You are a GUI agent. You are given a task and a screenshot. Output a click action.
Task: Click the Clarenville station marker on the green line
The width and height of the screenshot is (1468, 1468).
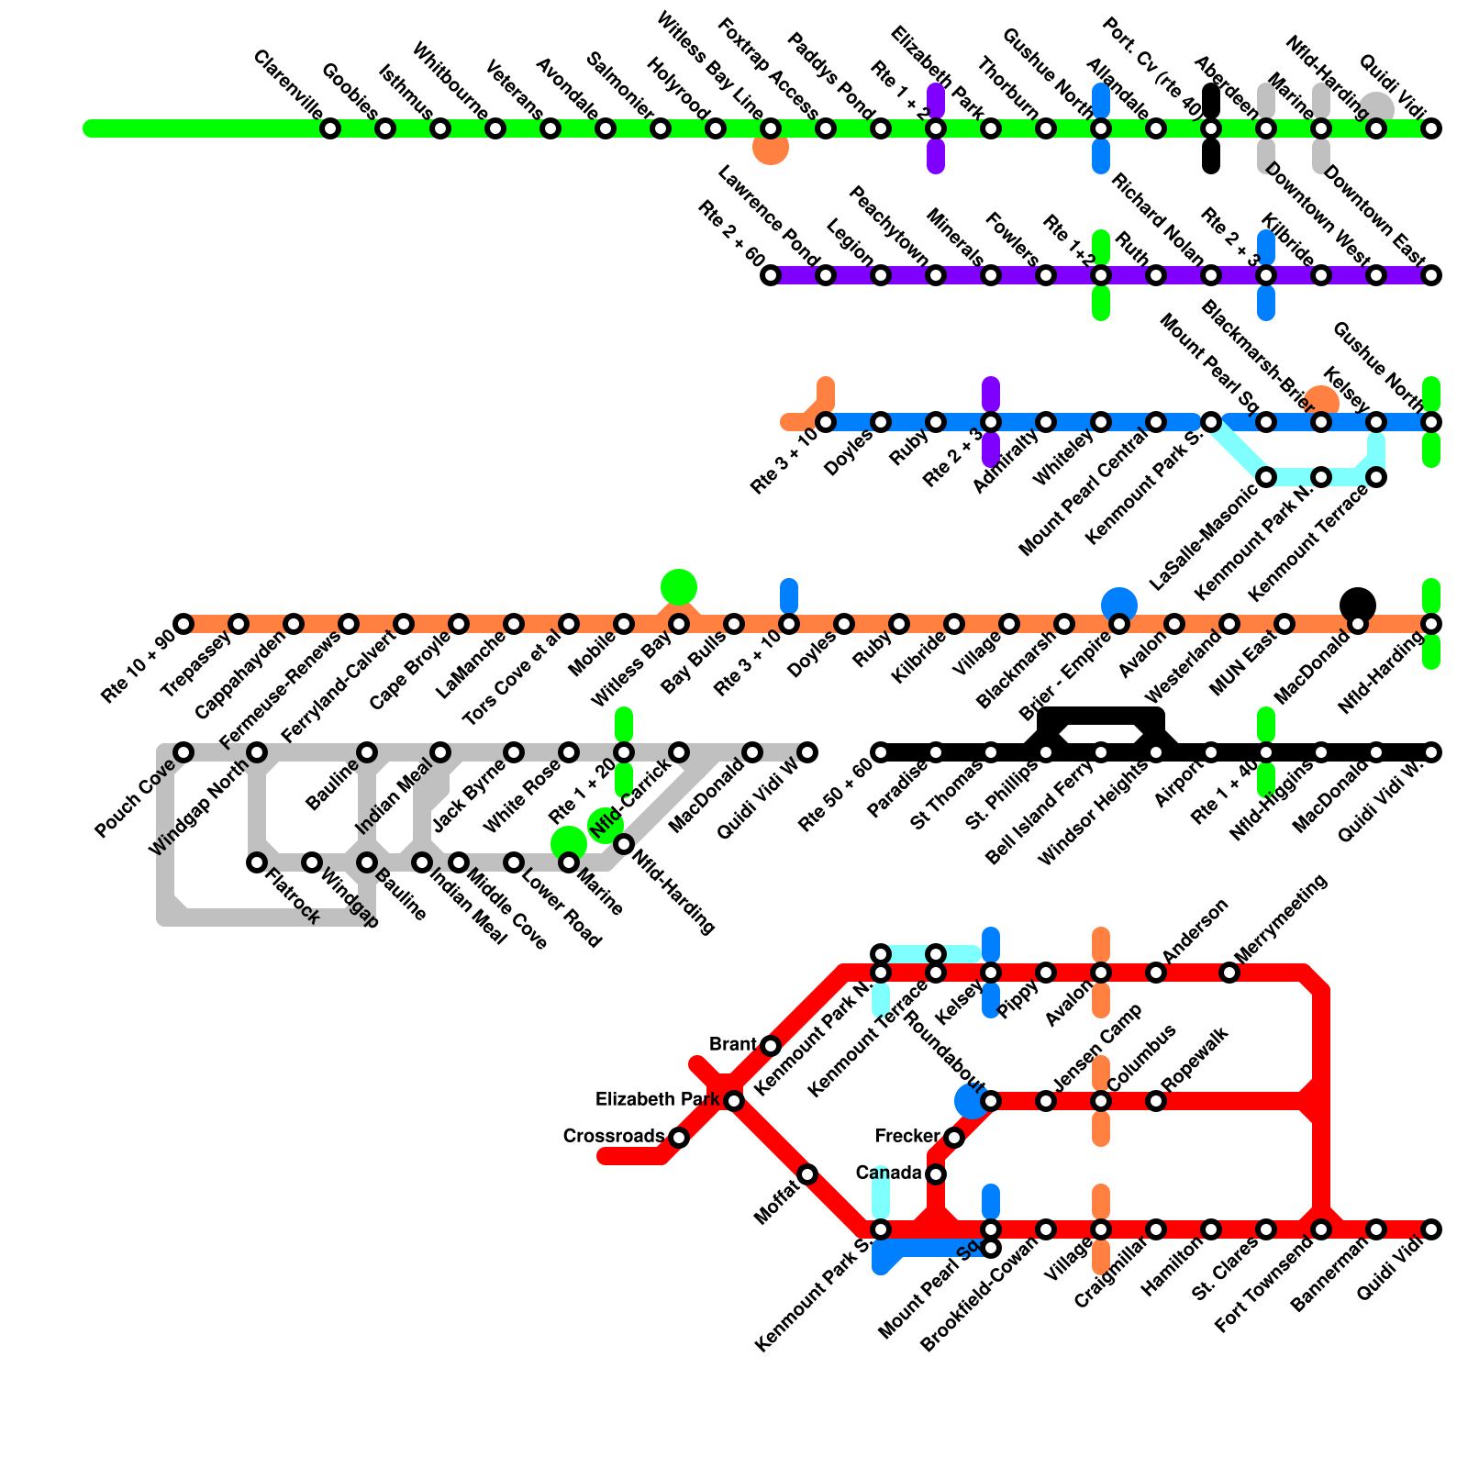[x=330, y=128]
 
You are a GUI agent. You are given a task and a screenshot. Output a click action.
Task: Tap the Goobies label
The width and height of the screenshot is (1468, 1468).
[x=350, y=92]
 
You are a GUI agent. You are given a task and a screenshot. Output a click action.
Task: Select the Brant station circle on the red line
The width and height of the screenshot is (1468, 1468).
[x=771, y=1046]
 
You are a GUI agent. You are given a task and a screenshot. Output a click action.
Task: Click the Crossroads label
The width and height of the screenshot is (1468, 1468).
[x=614, y=1137]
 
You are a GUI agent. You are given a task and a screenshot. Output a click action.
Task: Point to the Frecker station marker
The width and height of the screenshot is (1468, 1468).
[x=954, y=1138]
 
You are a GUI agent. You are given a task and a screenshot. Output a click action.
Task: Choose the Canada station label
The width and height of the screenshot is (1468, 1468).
[x=888, y=1173]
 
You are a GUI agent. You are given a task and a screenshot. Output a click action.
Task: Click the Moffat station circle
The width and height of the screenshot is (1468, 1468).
[x=807, y=1174]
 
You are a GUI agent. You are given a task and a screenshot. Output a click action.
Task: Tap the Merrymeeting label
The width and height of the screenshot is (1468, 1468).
[x=1281, y=919]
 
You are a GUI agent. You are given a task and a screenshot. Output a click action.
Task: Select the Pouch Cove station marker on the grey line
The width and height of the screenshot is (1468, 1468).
[x=183, y=752]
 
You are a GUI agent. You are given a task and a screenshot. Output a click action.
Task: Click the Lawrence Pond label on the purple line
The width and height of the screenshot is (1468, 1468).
[x=768, y=213]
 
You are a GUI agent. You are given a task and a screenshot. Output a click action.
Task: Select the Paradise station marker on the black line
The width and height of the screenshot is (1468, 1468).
[x=936, y=752]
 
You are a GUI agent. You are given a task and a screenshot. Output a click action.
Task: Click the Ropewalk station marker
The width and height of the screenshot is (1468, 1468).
[x=1156, y=1101]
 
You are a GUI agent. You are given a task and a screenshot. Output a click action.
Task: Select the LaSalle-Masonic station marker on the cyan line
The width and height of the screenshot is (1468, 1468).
[x=1266, y=477]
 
